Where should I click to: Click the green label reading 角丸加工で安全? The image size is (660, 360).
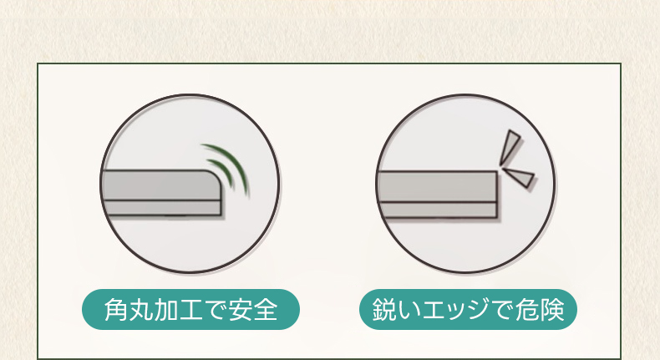pos(190,310)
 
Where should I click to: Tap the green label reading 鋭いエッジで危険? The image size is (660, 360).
pos(468,310)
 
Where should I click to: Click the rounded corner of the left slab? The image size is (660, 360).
pos(215,177)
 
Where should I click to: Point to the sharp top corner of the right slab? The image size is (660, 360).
pos(497,172)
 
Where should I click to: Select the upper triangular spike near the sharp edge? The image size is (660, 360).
pos(510,146)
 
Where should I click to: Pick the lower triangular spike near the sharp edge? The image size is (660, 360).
pos(520,176)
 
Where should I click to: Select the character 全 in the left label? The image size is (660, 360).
pos(265,310)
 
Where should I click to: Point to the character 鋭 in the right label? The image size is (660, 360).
pos(383,310)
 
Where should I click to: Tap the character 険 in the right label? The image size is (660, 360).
pos(552,310)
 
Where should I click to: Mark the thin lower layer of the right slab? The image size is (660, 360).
pos(438,210)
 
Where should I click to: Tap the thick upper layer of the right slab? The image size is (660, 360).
pos(437,187)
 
